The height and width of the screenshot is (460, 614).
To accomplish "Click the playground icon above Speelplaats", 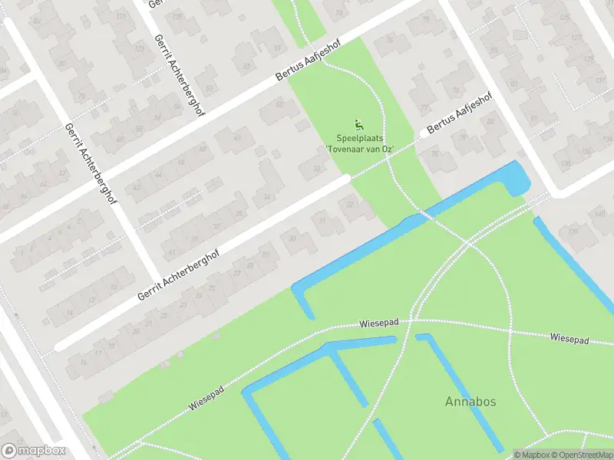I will click(358, 124).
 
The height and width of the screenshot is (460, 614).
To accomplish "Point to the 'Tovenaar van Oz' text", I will click(360, 149).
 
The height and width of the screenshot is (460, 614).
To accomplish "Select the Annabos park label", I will click(469, 401).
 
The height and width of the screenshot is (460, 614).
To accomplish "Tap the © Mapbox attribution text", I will click(530, 455).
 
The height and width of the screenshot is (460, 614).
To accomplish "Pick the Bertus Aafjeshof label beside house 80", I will click(458, 113).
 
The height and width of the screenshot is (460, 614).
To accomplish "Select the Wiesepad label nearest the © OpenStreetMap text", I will click(569, 338).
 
